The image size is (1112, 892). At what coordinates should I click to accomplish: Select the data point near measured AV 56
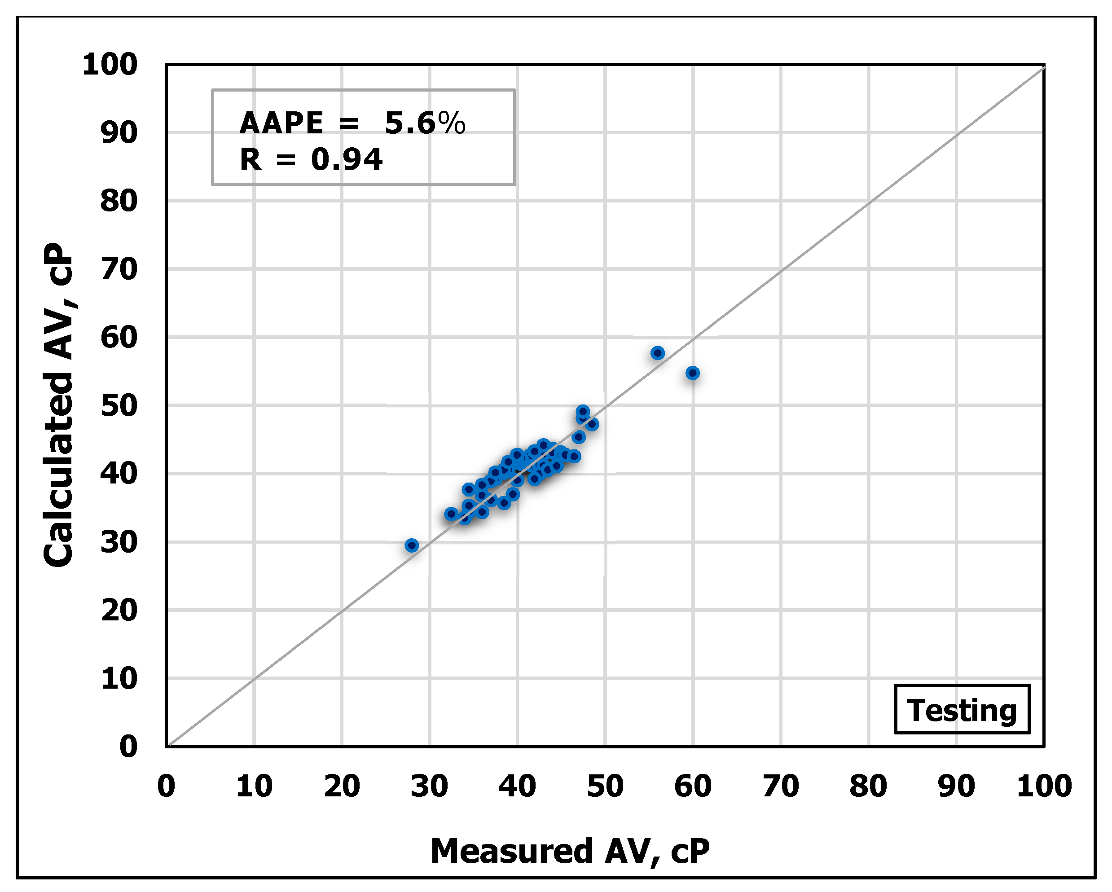[x=658, y=353]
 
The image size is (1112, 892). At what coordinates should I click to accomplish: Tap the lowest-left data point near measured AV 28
[x=412, y=545]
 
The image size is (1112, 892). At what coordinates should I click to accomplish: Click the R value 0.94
[x=347, y=159]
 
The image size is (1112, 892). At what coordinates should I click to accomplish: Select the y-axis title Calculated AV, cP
[x=58, y=405]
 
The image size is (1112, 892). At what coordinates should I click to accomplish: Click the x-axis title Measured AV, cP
[x=570, y=851]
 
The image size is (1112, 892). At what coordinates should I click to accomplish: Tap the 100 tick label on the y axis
[x=110, y=66]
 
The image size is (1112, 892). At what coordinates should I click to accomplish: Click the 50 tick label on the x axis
[x=605, y=787]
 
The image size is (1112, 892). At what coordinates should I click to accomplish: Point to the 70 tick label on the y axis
[x=119, y=269]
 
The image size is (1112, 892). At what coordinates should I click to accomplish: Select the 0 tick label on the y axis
[x=128, y=747]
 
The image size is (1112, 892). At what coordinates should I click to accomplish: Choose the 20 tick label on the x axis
[x=342, y=787]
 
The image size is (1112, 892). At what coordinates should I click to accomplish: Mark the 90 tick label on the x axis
[x=957, y=787]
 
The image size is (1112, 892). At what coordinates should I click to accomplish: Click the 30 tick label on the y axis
[x=119, y=542]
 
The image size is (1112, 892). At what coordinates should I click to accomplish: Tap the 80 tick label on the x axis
[x=869, y=787]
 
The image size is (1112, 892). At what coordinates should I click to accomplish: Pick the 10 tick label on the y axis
[x=119, y=678]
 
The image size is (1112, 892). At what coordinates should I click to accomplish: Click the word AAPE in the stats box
[x=281, y=123]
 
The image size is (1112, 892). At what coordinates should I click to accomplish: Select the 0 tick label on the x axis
[x=166, y=787]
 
